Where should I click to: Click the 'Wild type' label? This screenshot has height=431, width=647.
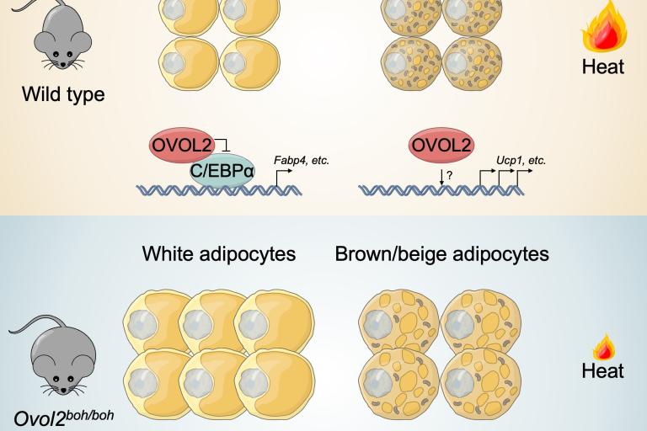63,93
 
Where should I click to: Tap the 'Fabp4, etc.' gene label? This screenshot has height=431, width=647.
302,159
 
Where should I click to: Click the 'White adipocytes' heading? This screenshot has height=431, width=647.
219,253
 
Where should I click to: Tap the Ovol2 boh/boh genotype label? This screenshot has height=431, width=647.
64,416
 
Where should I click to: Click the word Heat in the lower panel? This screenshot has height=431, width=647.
603,370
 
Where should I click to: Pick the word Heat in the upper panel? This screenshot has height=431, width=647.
603,66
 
